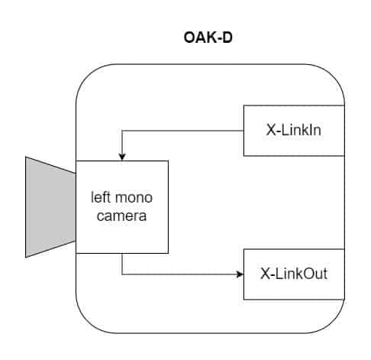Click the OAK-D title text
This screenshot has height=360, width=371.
208,37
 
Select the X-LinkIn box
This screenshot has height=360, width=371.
294,131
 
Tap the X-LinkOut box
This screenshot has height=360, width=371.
294,274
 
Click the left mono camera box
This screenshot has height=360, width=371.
122,207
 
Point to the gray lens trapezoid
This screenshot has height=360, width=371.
50,207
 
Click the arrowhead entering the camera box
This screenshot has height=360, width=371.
122,157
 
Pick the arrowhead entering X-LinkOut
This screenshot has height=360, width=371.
240,274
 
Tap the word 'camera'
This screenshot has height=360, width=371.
121,216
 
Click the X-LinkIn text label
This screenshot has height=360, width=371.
294,130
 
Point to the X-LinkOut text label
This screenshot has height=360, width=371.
294,274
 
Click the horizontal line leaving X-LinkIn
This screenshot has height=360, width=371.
182,131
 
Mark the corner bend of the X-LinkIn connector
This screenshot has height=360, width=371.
122,131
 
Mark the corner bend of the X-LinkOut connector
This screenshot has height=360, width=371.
122,274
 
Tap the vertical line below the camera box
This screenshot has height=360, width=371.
122,264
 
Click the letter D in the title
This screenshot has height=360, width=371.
227,37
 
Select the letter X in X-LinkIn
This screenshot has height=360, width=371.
271,130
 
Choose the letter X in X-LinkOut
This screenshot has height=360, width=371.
265,274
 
